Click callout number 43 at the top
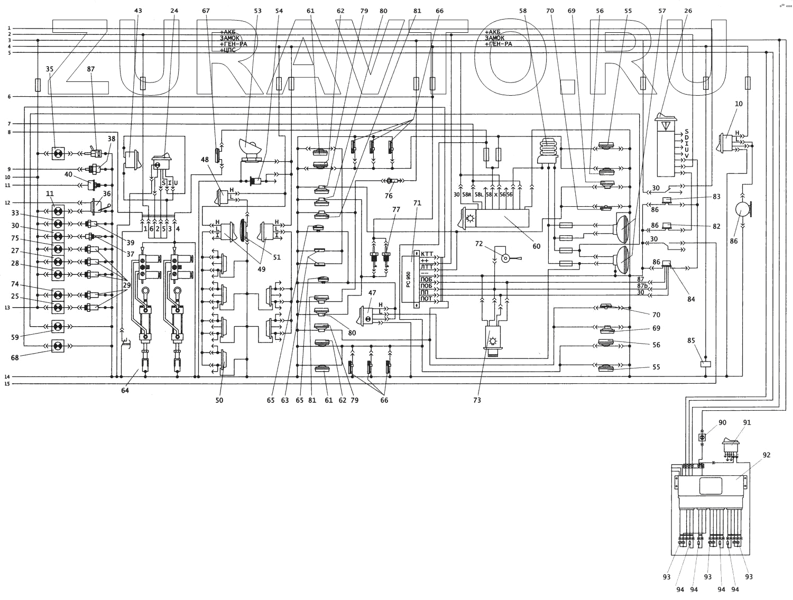(x=139, y=10)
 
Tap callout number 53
(x=257, y=10)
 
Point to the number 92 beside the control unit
(x=767, y=455)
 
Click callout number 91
(x=746, y=422)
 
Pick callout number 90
(x=722, y=422)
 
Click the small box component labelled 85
(x=705, y=364)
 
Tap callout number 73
(x=477, y=400)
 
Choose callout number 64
(x=125, y=390)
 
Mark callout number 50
(x=219, y=400)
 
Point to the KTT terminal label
(x=426, y=254)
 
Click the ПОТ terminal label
(x=426, y=299)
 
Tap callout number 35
(x=50, y=69)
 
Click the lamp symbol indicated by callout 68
(x=58, y=347)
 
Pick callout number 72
(x=479, y=244)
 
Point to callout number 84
(x=691, y=299)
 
